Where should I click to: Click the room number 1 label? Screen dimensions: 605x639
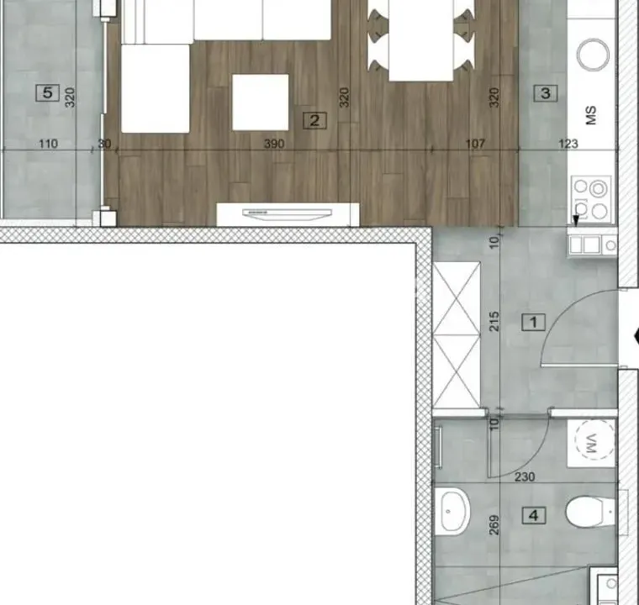click(x=532, y=321)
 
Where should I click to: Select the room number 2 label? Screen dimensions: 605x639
click(x=314, y=120)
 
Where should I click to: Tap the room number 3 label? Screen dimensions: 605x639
click(x=546, y=93)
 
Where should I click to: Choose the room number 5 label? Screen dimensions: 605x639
click(x=48, y=93)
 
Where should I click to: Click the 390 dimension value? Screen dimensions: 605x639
click(x=274, y=144)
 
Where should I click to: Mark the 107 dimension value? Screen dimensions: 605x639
click(x=475, y=144)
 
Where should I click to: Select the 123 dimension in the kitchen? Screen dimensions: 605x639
click(x=568, y=144)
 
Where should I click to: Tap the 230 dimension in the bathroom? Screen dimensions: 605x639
click(x=524, y=476)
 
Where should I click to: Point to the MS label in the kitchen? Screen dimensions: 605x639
click(x=591, y=115)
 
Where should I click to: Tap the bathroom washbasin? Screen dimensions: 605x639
click(x=455, y=508)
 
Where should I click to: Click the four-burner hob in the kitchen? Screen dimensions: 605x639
click(x=590, y=197)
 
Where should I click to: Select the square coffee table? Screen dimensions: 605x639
click(x=260, y=102)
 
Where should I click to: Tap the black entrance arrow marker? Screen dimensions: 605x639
click(x=635, y=338)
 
